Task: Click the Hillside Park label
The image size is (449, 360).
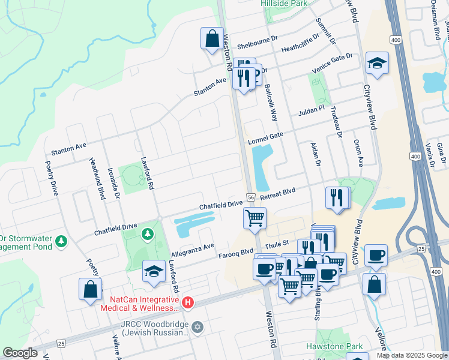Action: [284, 3]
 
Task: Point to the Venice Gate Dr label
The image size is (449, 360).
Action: [332, 64]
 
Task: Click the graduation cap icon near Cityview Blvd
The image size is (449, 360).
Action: [376, 64]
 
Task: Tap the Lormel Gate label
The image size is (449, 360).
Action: [265, 139]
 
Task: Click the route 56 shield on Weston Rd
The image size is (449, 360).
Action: [251, 197]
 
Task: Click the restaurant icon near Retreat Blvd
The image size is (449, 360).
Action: [337, 198]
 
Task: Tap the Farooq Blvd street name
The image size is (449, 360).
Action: [238, 251]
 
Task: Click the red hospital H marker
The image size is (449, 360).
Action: [188, 302]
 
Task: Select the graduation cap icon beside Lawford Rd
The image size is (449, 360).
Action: [154, 272]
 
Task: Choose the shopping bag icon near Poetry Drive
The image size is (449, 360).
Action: [90, 289]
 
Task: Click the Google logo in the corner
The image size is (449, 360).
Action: [20, 353]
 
